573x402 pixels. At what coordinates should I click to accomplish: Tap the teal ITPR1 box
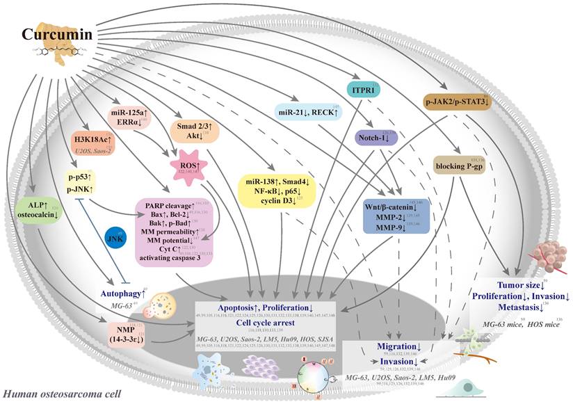click(361, 90)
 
